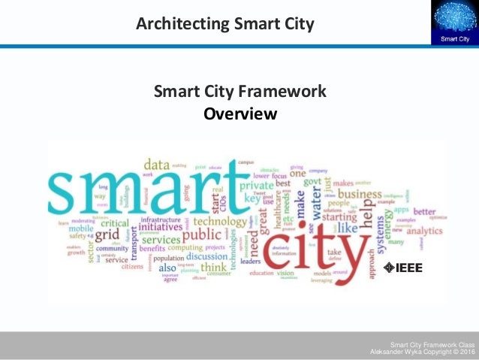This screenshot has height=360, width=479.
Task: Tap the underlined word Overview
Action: (x=240, y=114)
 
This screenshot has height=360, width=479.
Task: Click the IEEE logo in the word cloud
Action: (x=404, y=267)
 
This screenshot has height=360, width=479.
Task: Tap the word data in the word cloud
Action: (x=157, y=165)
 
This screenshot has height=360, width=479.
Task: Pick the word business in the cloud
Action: (x=360, y=195)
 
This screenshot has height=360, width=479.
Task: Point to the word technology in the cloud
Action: (x=219, y=222)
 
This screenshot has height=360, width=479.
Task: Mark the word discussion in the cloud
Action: (x=206, y=257)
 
